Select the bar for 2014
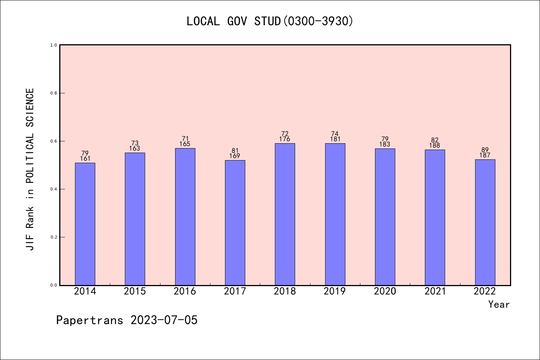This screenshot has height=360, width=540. (85, 224)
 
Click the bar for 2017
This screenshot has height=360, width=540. (235, 223)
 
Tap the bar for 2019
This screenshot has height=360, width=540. (335, 214)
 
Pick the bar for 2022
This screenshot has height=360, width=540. (485, 222)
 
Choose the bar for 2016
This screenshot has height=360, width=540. (185, 217)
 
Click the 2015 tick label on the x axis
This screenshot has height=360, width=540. (135, 291)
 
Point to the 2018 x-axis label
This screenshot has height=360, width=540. (285, 291)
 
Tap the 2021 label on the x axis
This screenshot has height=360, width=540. (435, 291)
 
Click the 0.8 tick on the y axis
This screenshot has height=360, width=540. (54, 93)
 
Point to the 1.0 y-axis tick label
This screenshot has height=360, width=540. (54, 45)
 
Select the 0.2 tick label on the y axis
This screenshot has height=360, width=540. (54, 237)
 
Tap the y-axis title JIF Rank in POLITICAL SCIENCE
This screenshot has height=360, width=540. (30, 169)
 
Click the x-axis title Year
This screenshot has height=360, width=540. (499, 304)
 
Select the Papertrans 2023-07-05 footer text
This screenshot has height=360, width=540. (127, 320)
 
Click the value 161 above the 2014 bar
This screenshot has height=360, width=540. (85, 159)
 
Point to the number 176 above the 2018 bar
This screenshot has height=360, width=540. (285, 139)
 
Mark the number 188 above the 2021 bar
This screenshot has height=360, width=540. (435, 145)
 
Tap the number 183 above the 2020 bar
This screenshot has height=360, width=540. (385, 144)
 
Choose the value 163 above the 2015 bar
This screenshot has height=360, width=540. (135, 148)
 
